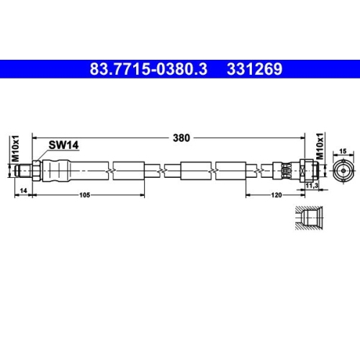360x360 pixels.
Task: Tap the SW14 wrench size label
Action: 63,145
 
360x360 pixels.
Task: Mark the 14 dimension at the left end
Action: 24,189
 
